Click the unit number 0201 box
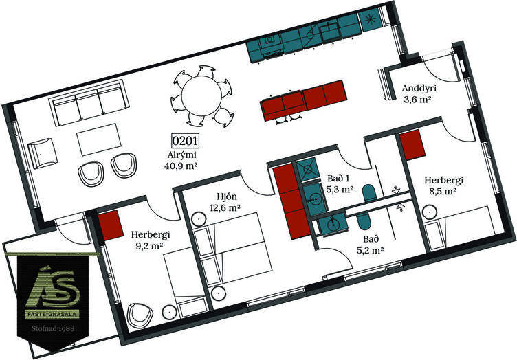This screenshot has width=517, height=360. tap(186, 141)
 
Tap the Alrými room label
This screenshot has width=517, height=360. tap(182, 155)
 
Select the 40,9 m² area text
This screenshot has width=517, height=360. tap(181, 166)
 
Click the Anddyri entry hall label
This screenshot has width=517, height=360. tap(419, 88)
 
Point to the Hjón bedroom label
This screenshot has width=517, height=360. tap(227, 196)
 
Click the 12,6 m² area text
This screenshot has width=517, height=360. tap(225, 208)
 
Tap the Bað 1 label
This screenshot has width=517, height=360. tap(338, 179)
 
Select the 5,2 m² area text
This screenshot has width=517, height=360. tap(371, 251)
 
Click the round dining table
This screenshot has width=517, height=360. tap(201, 95)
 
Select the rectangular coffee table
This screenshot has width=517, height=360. tap(99, 139)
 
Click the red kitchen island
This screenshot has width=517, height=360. tap(304, 100)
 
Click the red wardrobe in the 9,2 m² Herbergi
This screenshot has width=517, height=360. tap(110, 225)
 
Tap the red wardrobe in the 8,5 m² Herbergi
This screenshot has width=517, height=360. tap(412, 144)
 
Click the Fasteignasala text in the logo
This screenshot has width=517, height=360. tap(53, 314)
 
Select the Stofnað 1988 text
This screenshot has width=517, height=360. tap(53, 328)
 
